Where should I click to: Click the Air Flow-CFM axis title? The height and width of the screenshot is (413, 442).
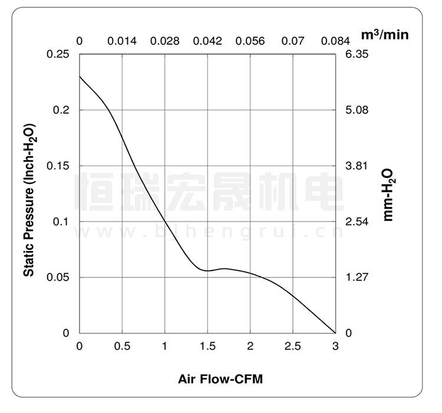coord(220,379)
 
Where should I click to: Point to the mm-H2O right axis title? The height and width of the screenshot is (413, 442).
coord(388,194)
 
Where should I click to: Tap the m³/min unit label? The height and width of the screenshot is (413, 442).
coord(384,35)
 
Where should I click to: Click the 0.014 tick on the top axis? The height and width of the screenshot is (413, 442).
coord(122,41)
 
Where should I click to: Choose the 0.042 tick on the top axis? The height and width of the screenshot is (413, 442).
coord(207,41)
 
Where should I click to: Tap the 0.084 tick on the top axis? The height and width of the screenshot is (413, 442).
coord(335,41)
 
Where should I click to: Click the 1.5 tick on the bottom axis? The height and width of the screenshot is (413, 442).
coord(207,346)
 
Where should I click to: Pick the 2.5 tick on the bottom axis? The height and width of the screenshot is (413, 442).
coord(293,346)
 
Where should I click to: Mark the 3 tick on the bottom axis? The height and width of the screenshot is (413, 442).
coord(335,346)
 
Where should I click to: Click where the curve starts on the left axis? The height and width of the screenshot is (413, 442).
coord(80,77)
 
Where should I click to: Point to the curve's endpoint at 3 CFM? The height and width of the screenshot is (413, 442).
coord(335,333)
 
